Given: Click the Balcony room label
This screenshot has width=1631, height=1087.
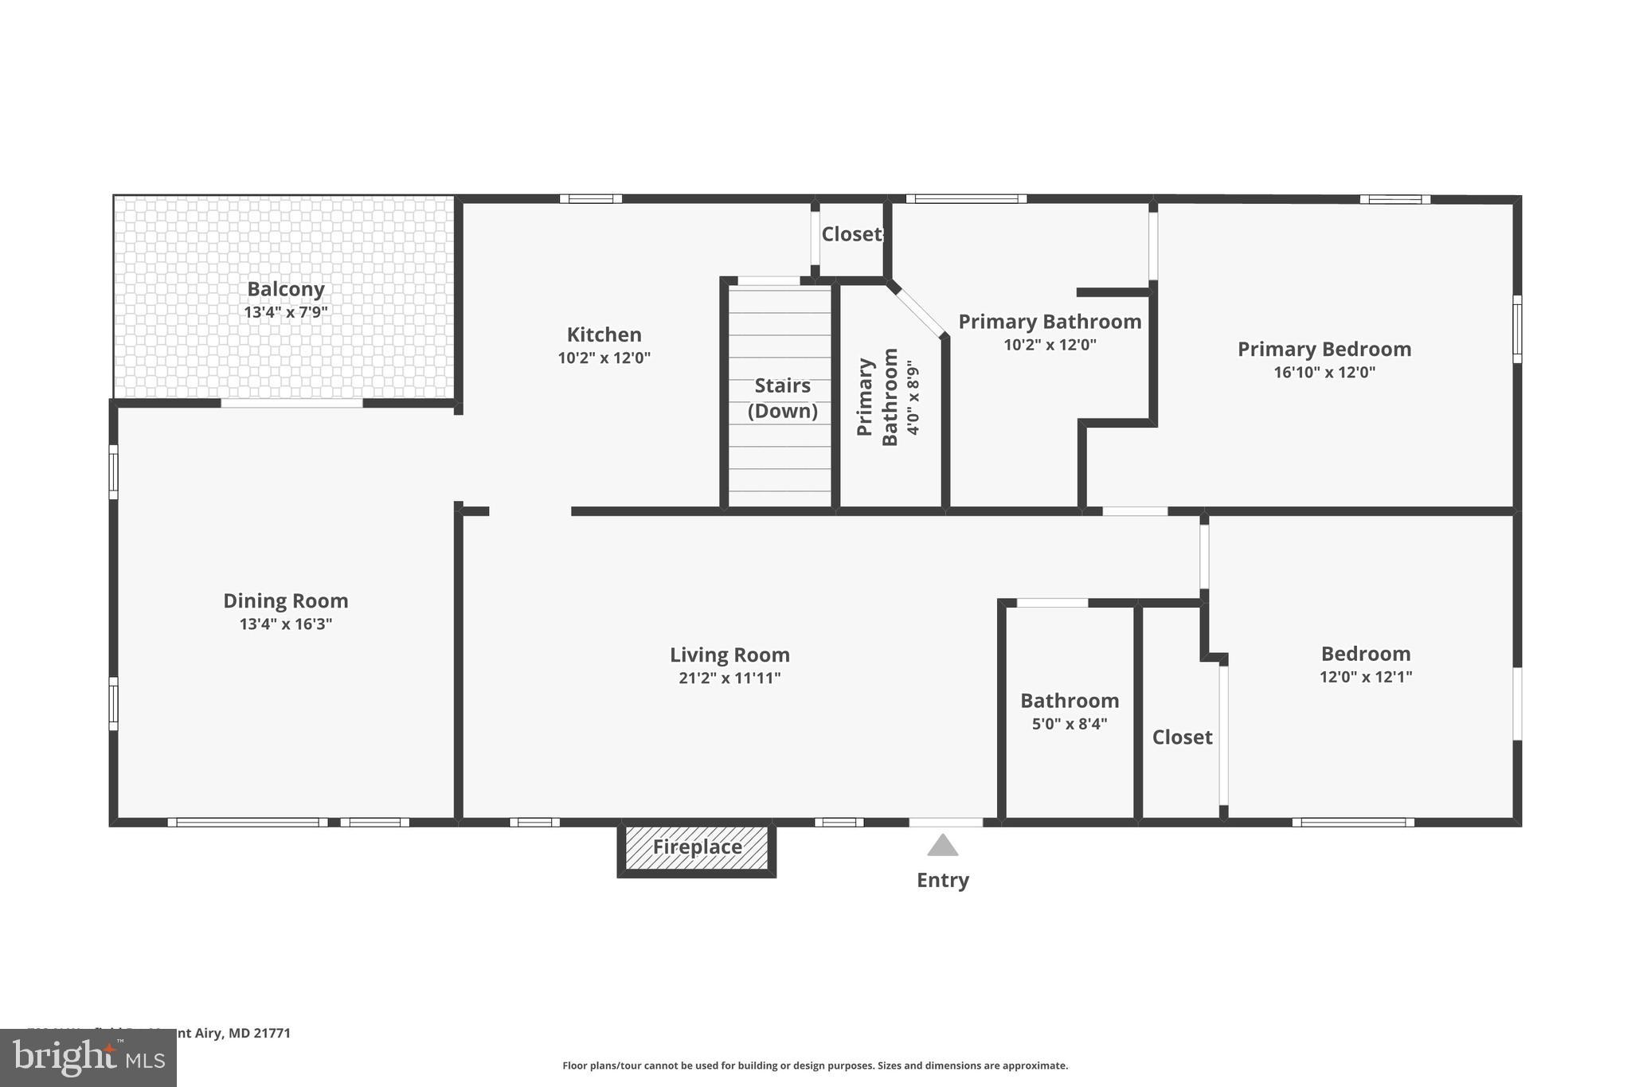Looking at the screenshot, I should (x=285, y=289).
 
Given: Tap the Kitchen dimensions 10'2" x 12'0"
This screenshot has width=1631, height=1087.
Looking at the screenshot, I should (x=604, y=358).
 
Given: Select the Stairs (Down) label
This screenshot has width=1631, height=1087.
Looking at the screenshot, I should (x=782, y=398).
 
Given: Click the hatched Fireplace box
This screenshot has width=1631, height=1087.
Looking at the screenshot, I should (x=697, y=847).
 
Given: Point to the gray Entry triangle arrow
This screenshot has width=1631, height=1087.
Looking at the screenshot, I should (x=942, y=846).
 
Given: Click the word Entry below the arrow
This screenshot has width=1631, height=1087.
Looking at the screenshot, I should (x=942, y=880).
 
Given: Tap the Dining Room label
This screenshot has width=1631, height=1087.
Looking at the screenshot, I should (x=285, y=600).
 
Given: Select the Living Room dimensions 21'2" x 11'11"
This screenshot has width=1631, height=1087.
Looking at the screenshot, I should (x=729, y=678).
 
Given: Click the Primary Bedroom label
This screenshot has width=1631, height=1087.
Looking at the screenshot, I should (x=1324, y=349).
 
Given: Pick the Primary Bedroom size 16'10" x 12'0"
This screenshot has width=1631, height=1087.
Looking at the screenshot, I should (x=1324, y=372).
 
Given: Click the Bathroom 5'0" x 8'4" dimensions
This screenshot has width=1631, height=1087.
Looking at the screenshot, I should (x=1069, y=724).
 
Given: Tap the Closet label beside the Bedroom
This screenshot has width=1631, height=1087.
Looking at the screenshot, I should (x=1182, y=737).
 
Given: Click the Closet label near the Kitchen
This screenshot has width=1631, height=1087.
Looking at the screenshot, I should (x=851, y=234).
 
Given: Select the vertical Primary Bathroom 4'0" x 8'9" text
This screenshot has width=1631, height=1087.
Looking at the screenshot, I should (x=889, y=397).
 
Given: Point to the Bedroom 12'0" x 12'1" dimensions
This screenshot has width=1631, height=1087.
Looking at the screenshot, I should (x=1365, y=677).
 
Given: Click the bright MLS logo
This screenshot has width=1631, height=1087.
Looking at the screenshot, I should (x=88, y=1058).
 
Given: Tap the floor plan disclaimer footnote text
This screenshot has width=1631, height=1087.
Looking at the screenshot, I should (x=815, y=1065).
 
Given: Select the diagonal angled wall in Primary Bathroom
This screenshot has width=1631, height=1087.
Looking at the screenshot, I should (x=918, y=311).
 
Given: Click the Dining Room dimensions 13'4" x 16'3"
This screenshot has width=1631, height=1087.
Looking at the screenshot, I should (x=285, y=624).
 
